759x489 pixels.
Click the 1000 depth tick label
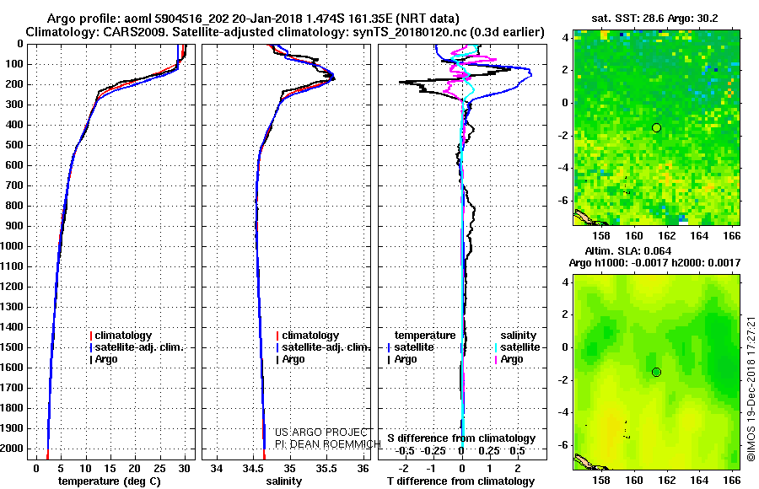click(13, 247)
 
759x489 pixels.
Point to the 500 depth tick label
click(16, 146)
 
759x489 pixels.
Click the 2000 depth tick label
click(13, 449)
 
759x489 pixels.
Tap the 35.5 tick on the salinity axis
click(326, 468)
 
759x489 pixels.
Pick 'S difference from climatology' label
click(461, 438)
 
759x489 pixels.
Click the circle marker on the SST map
click(656, 127)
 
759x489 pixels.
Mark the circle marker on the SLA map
click(656, 372)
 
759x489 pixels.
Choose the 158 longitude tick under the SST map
click(602, 237)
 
